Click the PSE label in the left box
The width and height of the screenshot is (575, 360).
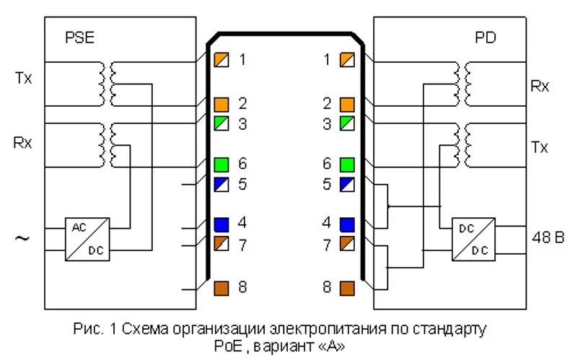click(79, 38)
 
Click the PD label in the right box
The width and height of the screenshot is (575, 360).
click(485, 38)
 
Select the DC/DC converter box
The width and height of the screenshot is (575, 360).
click(474, 239)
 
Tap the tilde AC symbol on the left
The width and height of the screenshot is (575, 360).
click(22, 238)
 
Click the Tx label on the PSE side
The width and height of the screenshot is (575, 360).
click(23, 78)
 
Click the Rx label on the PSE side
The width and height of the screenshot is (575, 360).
click(23, 142)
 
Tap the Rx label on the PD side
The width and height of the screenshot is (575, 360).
click(540, 87)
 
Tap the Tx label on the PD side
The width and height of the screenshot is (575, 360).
click(540, 147)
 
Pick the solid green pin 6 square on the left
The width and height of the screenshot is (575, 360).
click(221, 164)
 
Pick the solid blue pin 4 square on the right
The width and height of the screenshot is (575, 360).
click(347, 224)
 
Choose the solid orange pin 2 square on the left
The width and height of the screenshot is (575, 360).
click(221, 105)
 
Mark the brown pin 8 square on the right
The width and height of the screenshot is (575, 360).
click(347, 288)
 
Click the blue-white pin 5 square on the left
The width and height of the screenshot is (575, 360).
click(221, 184)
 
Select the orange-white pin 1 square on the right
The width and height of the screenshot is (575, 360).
click(347, 60)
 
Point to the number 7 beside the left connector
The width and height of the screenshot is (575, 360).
click(242, 245)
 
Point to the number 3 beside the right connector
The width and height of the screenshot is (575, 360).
click(327, 123)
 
